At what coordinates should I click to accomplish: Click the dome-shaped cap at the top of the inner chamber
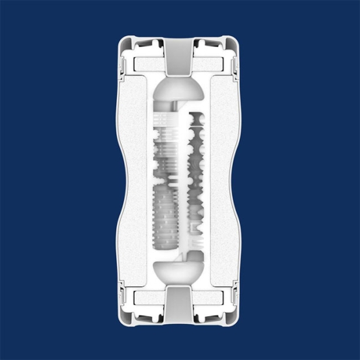180,88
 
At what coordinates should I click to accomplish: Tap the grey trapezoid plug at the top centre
180,56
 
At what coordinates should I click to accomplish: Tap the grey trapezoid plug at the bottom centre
180,304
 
